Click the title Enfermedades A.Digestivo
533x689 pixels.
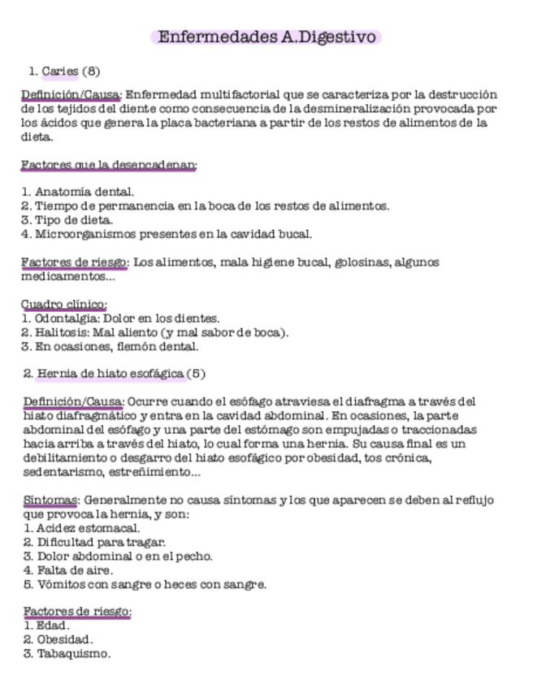[x=266, y=37]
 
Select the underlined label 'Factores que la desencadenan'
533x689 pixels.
[x=109, y=165]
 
